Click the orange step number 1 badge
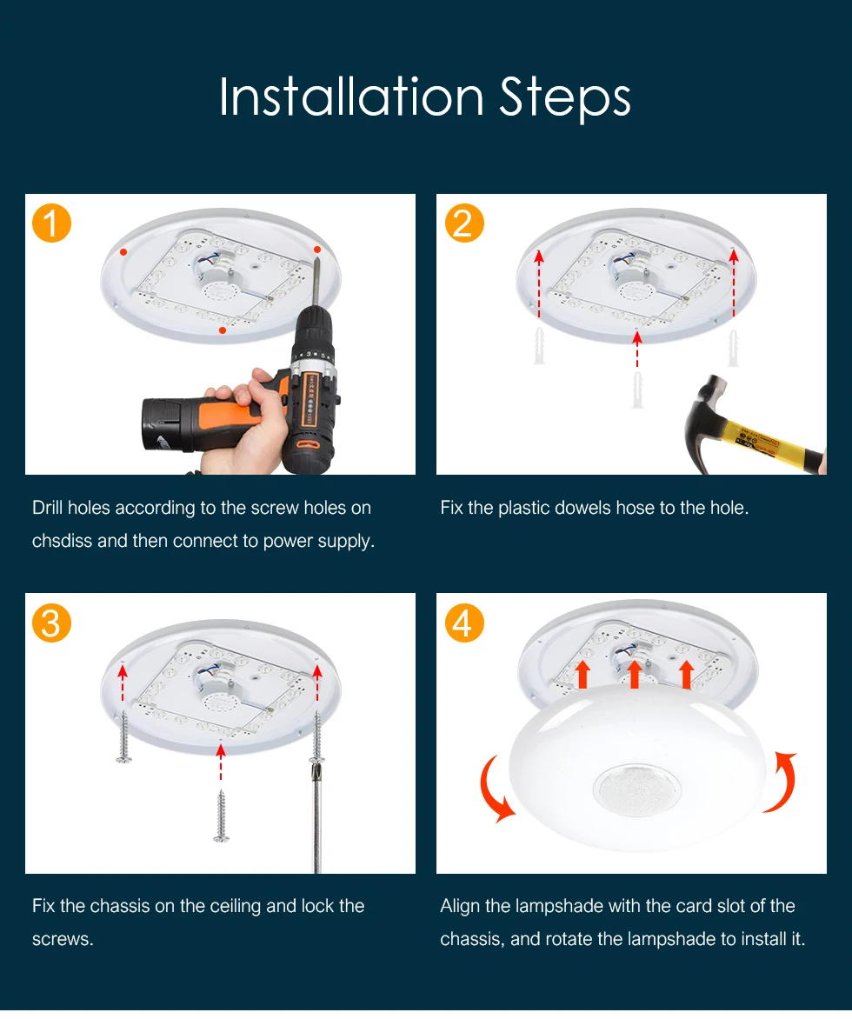51,223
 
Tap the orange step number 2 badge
464,223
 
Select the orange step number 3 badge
51,623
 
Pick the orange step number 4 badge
464,623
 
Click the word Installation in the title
351,97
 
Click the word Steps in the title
565,99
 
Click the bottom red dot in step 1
223,330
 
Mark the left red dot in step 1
123,252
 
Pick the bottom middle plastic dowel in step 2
637,390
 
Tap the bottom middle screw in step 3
221,816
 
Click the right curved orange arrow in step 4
782,782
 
